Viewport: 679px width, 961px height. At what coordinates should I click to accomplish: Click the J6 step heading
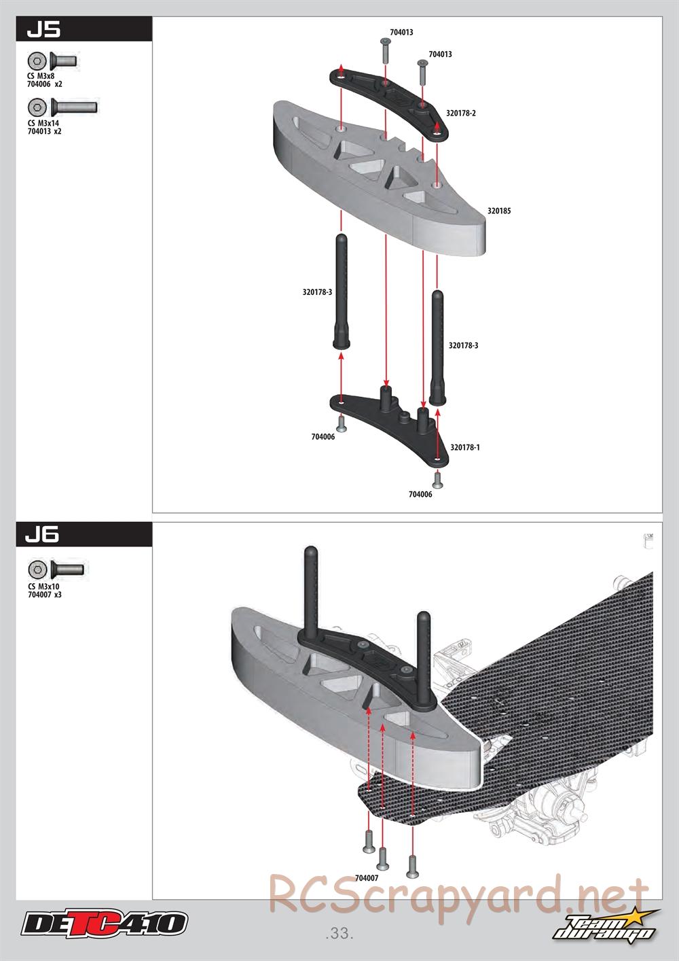point(43,535)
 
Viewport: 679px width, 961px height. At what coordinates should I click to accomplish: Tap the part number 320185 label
point(499,211)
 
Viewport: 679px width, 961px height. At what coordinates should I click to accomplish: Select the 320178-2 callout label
point(461,113)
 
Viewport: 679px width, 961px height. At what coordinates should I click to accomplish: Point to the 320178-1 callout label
point(464,448)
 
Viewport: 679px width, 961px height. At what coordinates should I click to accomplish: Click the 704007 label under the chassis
point(367,878)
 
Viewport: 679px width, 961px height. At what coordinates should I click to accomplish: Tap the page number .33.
point(339,933)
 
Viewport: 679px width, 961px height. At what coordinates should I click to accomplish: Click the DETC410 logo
point(104,924)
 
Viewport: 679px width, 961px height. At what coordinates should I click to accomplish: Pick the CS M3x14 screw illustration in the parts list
point(63,107)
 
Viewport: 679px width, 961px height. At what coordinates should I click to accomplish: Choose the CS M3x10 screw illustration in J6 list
point(56,570)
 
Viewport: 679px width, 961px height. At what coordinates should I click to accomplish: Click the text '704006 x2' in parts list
point(45,84)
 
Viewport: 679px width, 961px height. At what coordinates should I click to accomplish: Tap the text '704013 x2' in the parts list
point(45,131)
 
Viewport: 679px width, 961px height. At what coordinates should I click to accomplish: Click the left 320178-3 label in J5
point(317,292)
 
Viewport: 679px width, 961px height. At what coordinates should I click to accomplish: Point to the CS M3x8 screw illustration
point(53,60)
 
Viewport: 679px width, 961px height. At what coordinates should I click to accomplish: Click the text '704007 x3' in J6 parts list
point(45,595)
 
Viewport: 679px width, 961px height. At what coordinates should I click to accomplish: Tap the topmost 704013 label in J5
point(401,32)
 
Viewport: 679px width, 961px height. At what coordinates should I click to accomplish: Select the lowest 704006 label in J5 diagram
point(420,494)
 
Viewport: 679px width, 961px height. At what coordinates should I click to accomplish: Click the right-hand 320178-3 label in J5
point(463,346)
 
